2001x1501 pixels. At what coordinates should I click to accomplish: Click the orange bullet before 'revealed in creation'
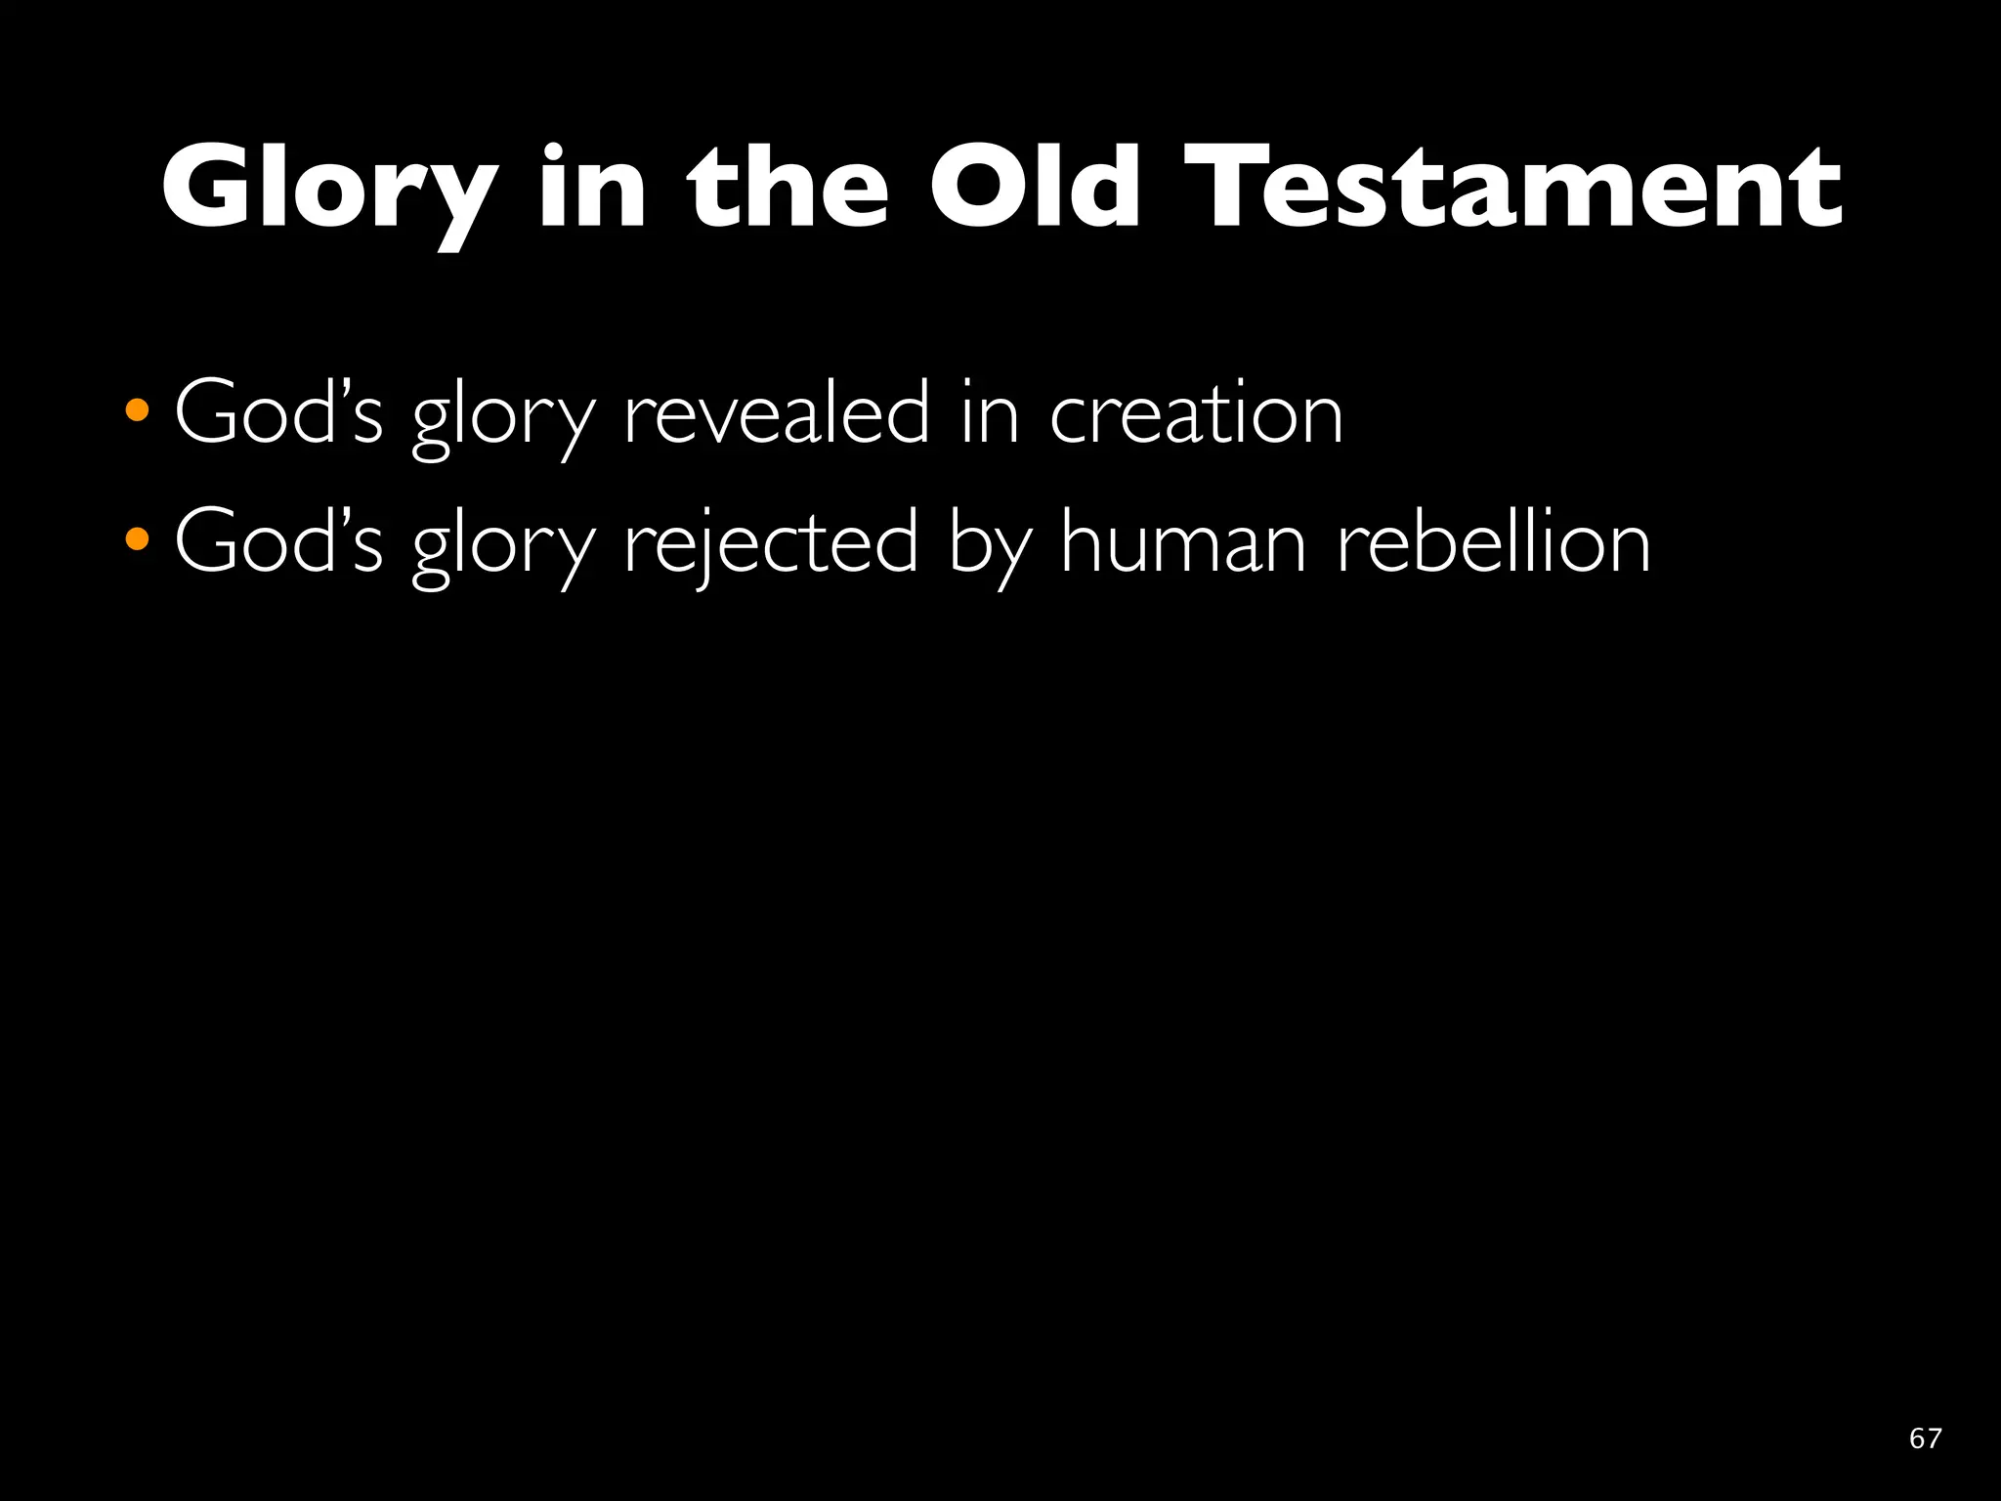tap(138, 410)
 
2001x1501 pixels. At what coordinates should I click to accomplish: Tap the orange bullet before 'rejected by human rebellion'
tap(138, 538)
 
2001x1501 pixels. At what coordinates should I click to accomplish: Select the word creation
tap(1196, 415)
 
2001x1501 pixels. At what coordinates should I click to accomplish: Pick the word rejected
tap(771, 544)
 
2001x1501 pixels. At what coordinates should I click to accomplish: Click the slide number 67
tap(1925, 1438)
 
